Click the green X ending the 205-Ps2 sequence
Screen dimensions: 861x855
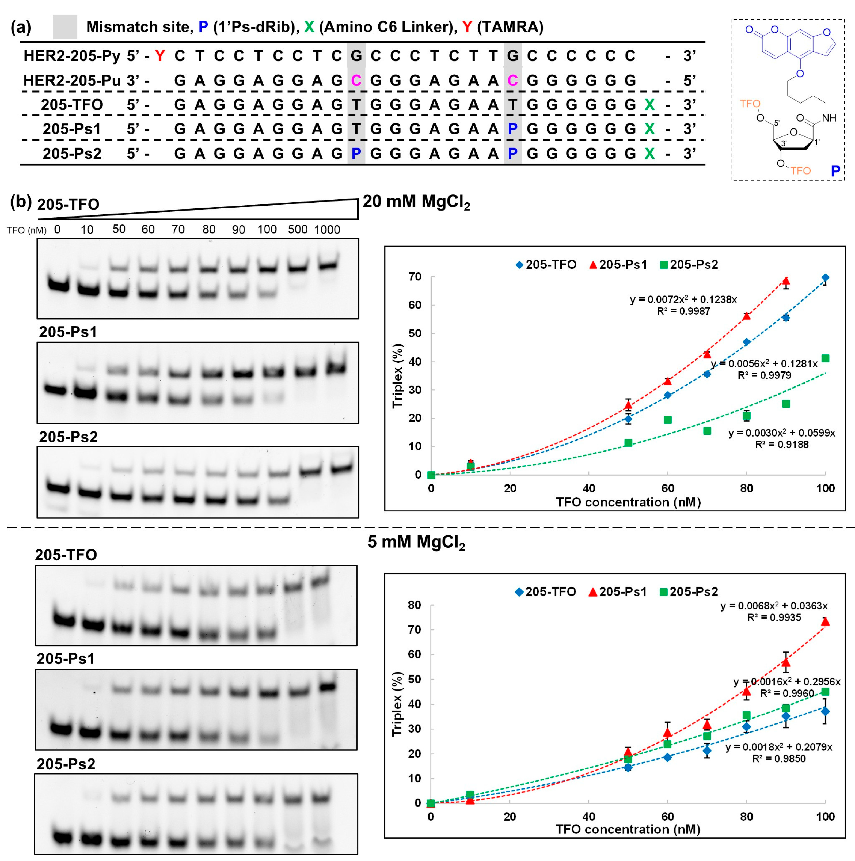(649, 153)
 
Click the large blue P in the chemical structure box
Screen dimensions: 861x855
(835, 171)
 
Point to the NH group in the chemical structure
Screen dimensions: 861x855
(829, 118)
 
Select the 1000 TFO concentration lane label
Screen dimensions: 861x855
(327, 230)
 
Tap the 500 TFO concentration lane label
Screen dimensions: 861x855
(298, 230)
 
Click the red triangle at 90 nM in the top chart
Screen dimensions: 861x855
(786, 281)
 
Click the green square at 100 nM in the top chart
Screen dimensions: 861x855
(825, 358)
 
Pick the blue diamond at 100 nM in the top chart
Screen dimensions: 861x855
(825, 278)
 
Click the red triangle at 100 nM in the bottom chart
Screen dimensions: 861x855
(825, 622)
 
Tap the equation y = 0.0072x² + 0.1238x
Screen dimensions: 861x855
(683, 299)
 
